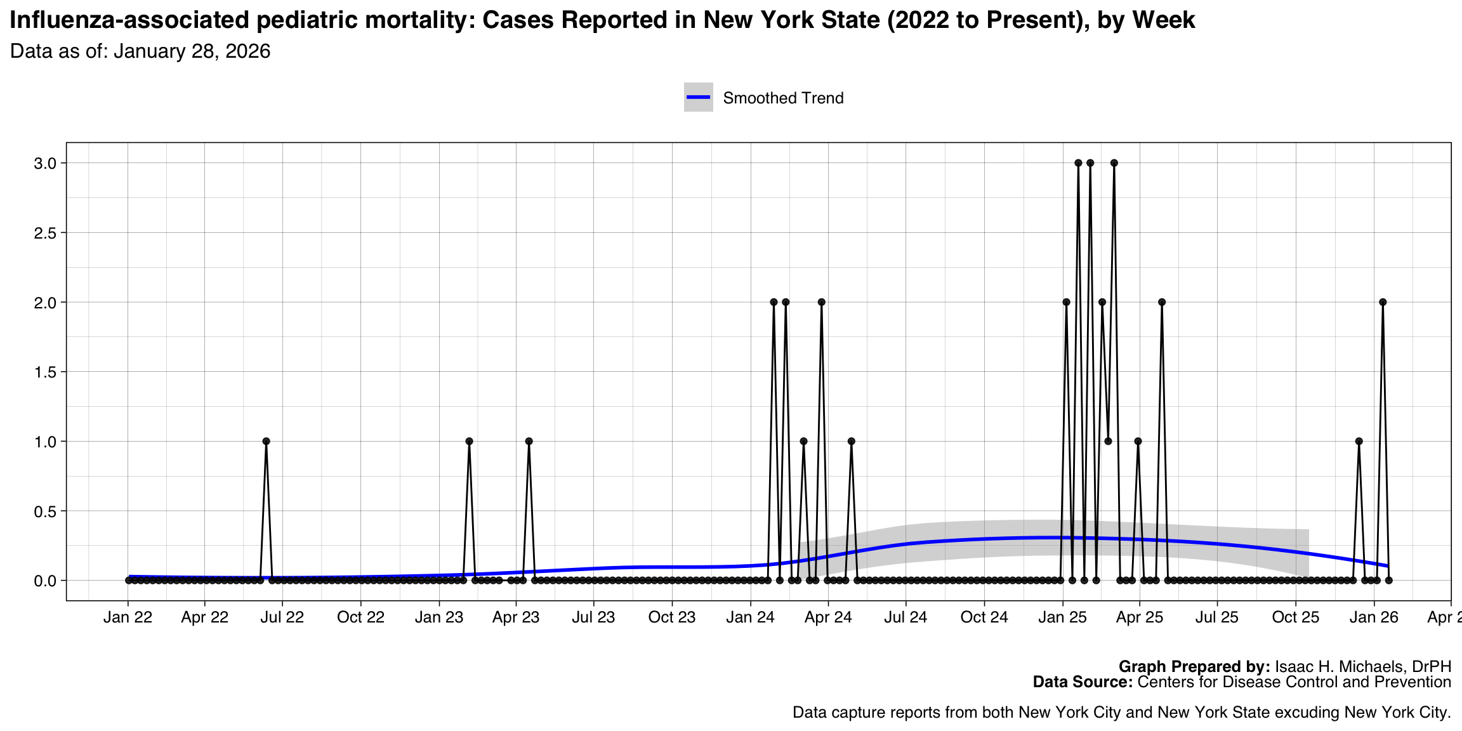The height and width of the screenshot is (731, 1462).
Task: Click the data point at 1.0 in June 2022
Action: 266,441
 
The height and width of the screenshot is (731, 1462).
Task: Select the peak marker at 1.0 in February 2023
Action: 469,441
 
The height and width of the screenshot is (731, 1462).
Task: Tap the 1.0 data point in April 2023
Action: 529,441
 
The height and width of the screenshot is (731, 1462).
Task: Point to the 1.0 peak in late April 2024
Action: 851,441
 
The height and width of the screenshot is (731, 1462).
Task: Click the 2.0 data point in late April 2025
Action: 1161,302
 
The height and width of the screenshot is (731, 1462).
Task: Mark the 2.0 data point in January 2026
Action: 1383,302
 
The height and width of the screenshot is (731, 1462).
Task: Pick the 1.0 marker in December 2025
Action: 1359,441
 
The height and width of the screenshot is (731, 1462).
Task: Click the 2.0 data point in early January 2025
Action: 1066,302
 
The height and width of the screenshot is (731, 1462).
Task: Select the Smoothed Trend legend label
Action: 783,98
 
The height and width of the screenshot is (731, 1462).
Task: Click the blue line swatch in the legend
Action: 698,97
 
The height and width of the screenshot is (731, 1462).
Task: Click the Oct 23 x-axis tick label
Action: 672,617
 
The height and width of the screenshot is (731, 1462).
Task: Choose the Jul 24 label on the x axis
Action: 906,617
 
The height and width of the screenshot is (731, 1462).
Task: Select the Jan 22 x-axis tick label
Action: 128,617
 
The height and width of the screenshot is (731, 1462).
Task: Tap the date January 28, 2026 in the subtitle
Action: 192,51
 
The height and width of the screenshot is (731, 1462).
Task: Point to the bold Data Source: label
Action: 1083,682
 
